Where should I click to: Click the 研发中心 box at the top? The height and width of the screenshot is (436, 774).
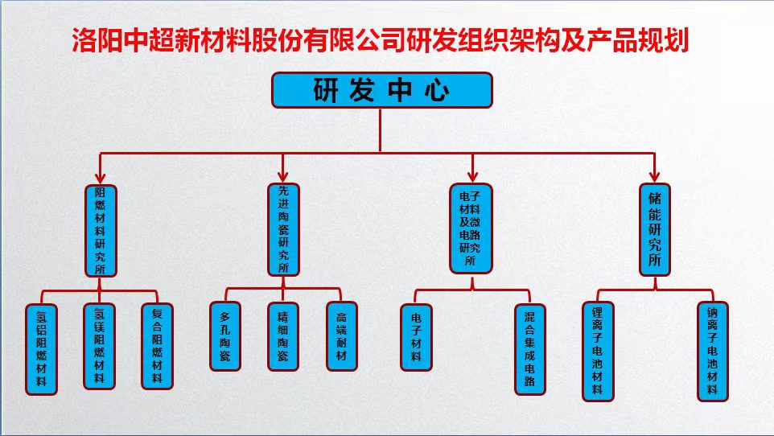(x=381, y=90)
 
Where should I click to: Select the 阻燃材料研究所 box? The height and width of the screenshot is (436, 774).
(x=101, y=230)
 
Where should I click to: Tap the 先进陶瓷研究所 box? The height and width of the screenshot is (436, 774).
(x=282, y=229)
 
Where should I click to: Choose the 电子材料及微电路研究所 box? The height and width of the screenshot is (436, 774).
(x=470, y=229)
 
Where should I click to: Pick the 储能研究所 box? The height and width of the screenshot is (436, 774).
(x=654, y=229)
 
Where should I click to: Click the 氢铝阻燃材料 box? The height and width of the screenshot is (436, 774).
(x=42, y=348)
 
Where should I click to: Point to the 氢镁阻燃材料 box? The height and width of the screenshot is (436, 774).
(x=100, y=346)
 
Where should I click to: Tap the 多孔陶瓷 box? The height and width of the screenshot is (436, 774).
(x=224, y=335)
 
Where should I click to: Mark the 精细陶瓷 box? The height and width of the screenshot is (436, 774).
(x=282, y=335)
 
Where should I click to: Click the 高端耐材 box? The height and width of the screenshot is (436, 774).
(x=341, y=335)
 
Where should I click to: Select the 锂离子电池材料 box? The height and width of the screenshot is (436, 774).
(x=597, y=351)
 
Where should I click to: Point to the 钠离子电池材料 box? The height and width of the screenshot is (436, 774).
(x=712, y=351)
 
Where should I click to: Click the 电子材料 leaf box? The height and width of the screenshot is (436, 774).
(x=416, y=335)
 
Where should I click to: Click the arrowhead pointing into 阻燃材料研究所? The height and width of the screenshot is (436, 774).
(x=101, y=179)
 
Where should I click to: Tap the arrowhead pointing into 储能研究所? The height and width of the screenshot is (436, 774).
(x=654, y=178)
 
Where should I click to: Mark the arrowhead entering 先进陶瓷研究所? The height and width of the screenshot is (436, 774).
(x=282, y=178)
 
